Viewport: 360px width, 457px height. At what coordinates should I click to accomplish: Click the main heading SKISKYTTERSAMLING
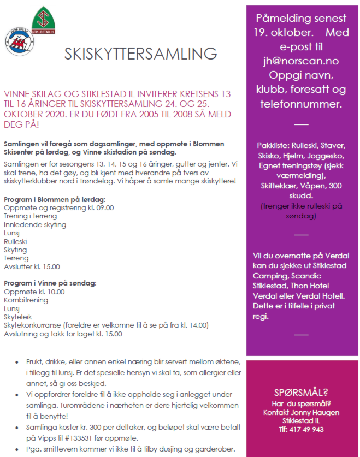pyautogui.click(x=140, y=54)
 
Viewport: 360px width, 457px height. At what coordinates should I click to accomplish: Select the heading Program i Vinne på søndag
pyautogui.click(x=50, y=283)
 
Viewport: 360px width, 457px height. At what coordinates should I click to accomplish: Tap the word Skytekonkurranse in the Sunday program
pyautogui.click(x=32, y=325)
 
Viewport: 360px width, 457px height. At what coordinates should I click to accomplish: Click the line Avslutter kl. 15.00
pyautogui.click(x=32, y=266)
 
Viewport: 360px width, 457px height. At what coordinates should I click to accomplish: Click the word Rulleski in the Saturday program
pyautogui.click(x=15, y=241)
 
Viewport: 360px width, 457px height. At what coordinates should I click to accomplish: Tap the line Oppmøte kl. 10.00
pyautogui.click(x=34, y=292)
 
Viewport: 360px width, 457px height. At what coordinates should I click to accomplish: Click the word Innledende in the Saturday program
pyautogui.click(x=22, y=224)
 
